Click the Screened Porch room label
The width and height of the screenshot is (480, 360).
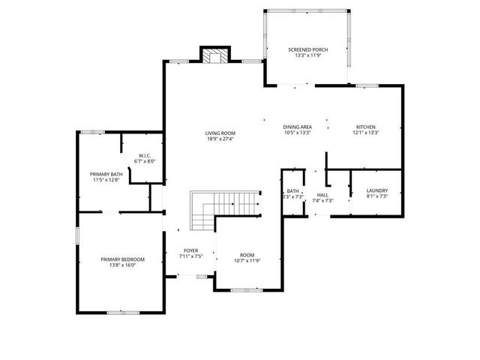coord(307,49)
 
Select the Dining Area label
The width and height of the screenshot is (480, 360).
coord(297,127)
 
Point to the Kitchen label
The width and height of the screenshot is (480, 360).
coord(365,127)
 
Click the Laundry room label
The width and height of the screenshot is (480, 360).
coord(376,191)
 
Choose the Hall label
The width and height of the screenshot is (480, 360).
coord(322,195)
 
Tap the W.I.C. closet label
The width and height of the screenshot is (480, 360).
coord(145,156)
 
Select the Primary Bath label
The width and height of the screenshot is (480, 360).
coord(106,174)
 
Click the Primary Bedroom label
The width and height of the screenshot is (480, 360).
coord(122,259)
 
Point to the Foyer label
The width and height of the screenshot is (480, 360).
coord(191,251)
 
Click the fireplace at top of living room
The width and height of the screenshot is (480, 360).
coord(215,55)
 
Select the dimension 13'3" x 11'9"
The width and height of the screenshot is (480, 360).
coord(307,55)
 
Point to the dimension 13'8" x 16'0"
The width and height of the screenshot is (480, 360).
coord(122,265)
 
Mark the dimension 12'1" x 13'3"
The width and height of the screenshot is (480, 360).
coord(365,133)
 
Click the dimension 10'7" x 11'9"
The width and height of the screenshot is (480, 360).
coord(247,260)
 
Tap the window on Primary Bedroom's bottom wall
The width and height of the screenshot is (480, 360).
coord(122,312)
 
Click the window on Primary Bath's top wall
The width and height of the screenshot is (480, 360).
coord(93,132)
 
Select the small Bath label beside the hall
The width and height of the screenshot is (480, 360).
coord(292,192)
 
